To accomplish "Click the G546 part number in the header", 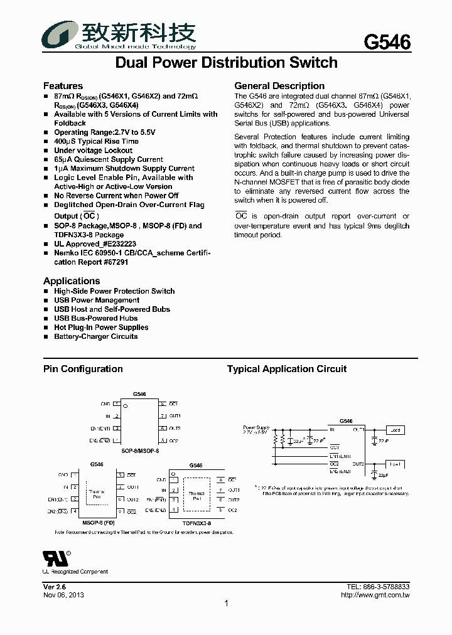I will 387,42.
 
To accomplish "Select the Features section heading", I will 63,86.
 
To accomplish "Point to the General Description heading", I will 279,86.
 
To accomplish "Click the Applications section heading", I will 72,281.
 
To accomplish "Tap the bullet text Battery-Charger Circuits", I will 95,336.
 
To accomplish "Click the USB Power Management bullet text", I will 97,300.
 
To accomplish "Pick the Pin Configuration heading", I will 83,369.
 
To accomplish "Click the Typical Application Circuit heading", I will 287,369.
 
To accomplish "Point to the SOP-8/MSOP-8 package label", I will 140,451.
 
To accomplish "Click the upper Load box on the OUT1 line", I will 395,430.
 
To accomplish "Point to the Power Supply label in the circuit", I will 256,427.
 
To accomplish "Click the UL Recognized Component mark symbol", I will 55,558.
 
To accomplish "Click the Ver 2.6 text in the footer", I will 55,586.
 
